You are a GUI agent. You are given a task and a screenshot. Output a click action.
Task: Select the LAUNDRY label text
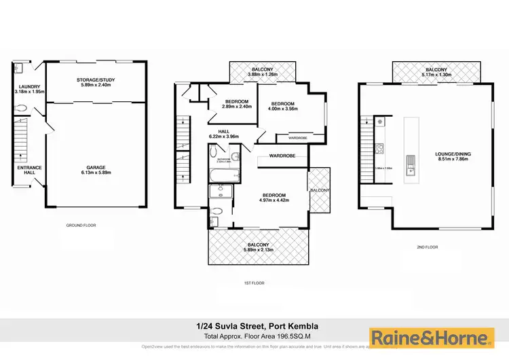(x=28, y=88)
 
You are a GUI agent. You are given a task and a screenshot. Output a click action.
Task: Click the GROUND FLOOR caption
(x=79, y=225)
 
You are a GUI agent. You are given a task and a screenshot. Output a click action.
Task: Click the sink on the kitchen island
(x=411, y=164)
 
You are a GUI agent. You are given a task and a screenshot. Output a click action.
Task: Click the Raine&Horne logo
(x=428, y=338)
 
